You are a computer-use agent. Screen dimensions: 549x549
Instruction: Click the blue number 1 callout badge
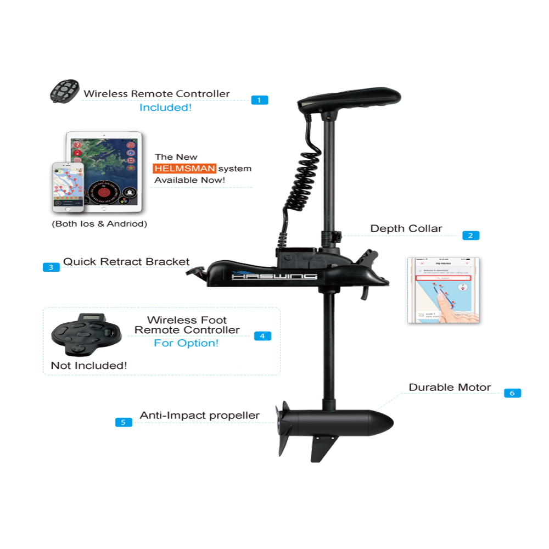(x=259, y=100)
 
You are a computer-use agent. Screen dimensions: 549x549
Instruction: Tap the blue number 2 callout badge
(x=470, y=236)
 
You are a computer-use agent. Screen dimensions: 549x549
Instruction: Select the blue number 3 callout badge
(x=51, y=267)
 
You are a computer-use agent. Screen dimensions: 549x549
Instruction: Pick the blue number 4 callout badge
(x=262, y=335)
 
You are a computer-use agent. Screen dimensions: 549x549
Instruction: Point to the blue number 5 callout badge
(x=123, y=422)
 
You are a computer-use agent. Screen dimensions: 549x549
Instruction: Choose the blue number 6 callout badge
(x=512, y=393)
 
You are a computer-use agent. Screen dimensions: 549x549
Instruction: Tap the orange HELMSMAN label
(x=185, y=168)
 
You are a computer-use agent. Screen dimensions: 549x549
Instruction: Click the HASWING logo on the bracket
(x=274, y=277)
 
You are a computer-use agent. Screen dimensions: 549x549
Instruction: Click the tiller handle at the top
(x=348, y=99)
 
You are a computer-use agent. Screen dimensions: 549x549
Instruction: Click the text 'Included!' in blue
(x=165, y=108)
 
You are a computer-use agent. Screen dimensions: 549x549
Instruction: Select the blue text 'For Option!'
(x=186, y=344)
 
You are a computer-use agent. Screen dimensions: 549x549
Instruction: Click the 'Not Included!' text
(x=89, y=365)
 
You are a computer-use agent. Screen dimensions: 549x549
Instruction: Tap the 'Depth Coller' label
(x=406, y=229)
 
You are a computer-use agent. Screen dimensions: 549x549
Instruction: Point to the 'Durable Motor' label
(x=450, y=388)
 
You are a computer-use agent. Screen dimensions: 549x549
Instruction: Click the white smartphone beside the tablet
(x=68, y=187)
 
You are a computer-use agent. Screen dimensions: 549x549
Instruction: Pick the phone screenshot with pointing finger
(x=444, y=292)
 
